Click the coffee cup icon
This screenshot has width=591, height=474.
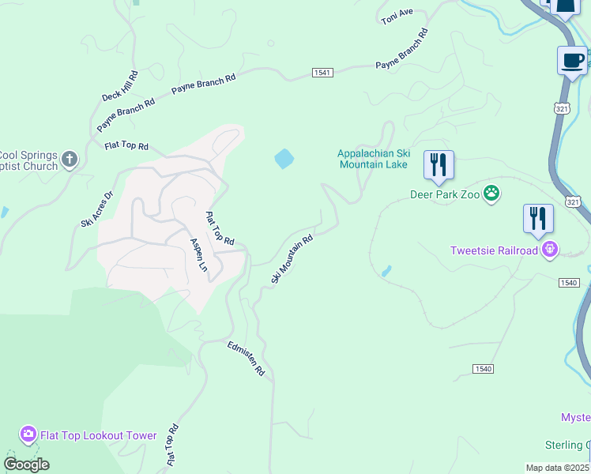(572, 60)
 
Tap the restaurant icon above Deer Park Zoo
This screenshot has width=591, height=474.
(439, 165)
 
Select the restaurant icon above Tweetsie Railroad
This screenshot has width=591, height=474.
(538, 219)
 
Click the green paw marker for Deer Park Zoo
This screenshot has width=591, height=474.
(492, 194)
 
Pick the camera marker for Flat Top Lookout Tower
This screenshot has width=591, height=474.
(28, 434)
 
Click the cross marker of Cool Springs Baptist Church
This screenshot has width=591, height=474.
(70, 160)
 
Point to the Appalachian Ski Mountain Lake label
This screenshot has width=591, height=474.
(372, 159)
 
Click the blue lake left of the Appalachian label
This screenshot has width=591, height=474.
(284, 159)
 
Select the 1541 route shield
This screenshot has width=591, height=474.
(322, 72)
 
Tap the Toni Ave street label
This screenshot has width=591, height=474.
(397, 17)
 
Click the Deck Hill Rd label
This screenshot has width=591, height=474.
(120, 86)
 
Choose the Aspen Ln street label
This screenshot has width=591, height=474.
(198, 255)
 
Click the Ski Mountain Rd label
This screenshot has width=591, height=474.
(292, 258)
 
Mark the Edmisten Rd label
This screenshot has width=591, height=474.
(246, 358)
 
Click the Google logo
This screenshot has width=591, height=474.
(26, 464)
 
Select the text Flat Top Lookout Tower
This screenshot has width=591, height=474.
(99, 435)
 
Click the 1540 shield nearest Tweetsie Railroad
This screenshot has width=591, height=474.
(571, 282)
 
